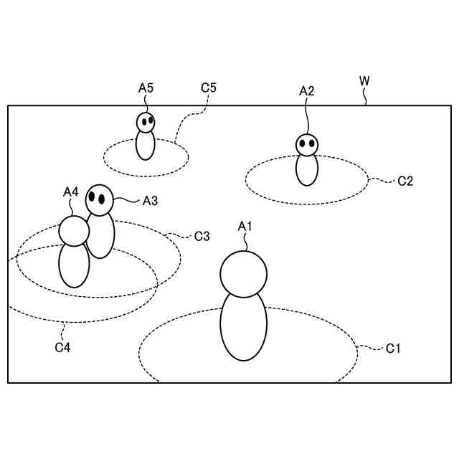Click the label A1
pos(246,227)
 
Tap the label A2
pos(307,90)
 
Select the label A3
pos(150,201)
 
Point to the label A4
pos(70,191)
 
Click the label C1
pos(393,349)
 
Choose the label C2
pos(405,181)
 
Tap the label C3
pos(202,235)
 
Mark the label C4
pos(63,348)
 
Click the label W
pos(364,80)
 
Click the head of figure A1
pos(243,273)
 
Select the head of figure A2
pos(307,145)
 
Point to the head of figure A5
pos(146,123)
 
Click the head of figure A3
pos(99,199)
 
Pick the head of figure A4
pos(74,230)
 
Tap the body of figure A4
pos(74,265)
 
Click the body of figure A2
pos(307,169)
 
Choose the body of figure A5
pos(146,146)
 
